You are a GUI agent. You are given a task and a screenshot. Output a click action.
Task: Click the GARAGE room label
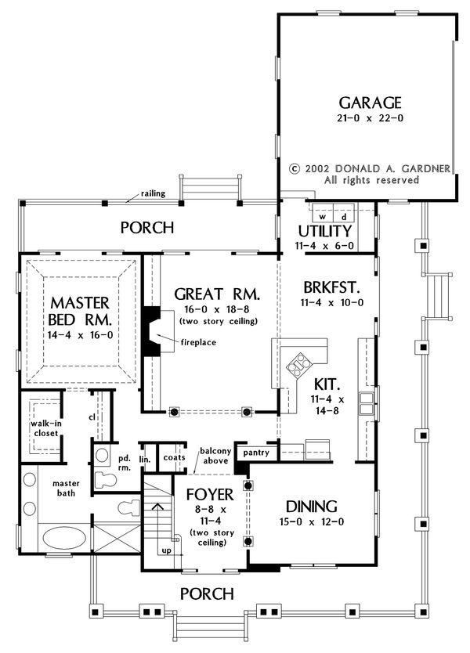[x=370, y=103]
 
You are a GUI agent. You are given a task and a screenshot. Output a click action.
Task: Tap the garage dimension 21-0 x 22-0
[x=370, y=118]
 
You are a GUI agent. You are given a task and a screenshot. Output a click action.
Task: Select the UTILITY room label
[x=324, y=231]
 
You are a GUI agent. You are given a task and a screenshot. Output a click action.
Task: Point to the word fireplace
[x=198, y=342]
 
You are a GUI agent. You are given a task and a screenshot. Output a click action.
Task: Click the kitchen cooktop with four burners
[x=299, y=365]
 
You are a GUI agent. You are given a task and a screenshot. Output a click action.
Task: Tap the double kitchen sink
[x=367, y=403]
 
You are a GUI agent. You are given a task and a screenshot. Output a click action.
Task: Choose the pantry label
[x=256, y=453]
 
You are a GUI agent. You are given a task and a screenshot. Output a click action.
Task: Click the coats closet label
[x=174, y=457]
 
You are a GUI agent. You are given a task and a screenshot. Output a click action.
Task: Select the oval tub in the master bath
[x=64, y=538]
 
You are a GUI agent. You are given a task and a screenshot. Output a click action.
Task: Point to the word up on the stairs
[x=166, y=550]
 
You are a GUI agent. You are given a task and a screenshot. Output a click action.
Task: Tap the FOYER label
[x=210, y=494]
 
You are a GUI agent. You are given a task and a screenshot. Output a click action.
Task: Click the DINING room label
[x=312, y=507]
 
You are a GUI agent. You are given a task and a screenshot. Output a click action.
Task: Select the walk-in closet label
[x=46, y=428]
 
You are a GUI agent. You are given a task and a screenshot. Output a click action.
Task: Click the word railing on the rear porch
[x=153, y=193]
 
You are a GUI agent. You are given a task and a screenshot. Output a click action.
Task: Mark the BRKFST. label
[x=331, y=287]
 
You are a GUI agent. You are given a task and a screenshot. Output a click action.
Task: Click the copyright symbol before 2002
[x=295, y=169]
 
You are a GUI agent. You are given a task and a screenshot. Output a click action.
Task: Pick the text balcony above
[x=215, y=456]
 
